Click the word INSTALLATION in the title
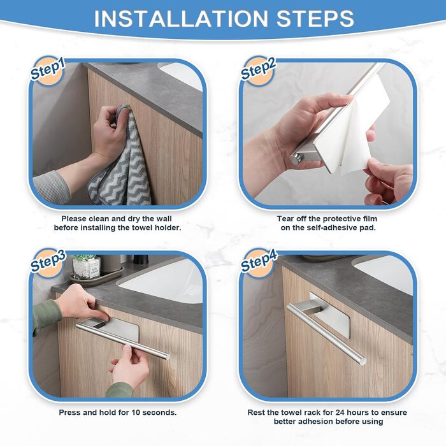(180, 19)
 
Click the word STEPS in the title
(315, 19)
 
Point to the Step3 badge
(48, 262)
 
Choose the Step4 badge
(259, 262)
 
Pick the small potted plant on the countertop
(85, 267)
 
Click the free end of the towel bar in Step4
(362, 361)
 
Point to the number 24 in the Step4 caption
(340, 412)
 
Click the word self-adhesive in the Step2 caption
(326, 228)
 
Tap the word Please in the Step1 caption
(74, 219)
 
